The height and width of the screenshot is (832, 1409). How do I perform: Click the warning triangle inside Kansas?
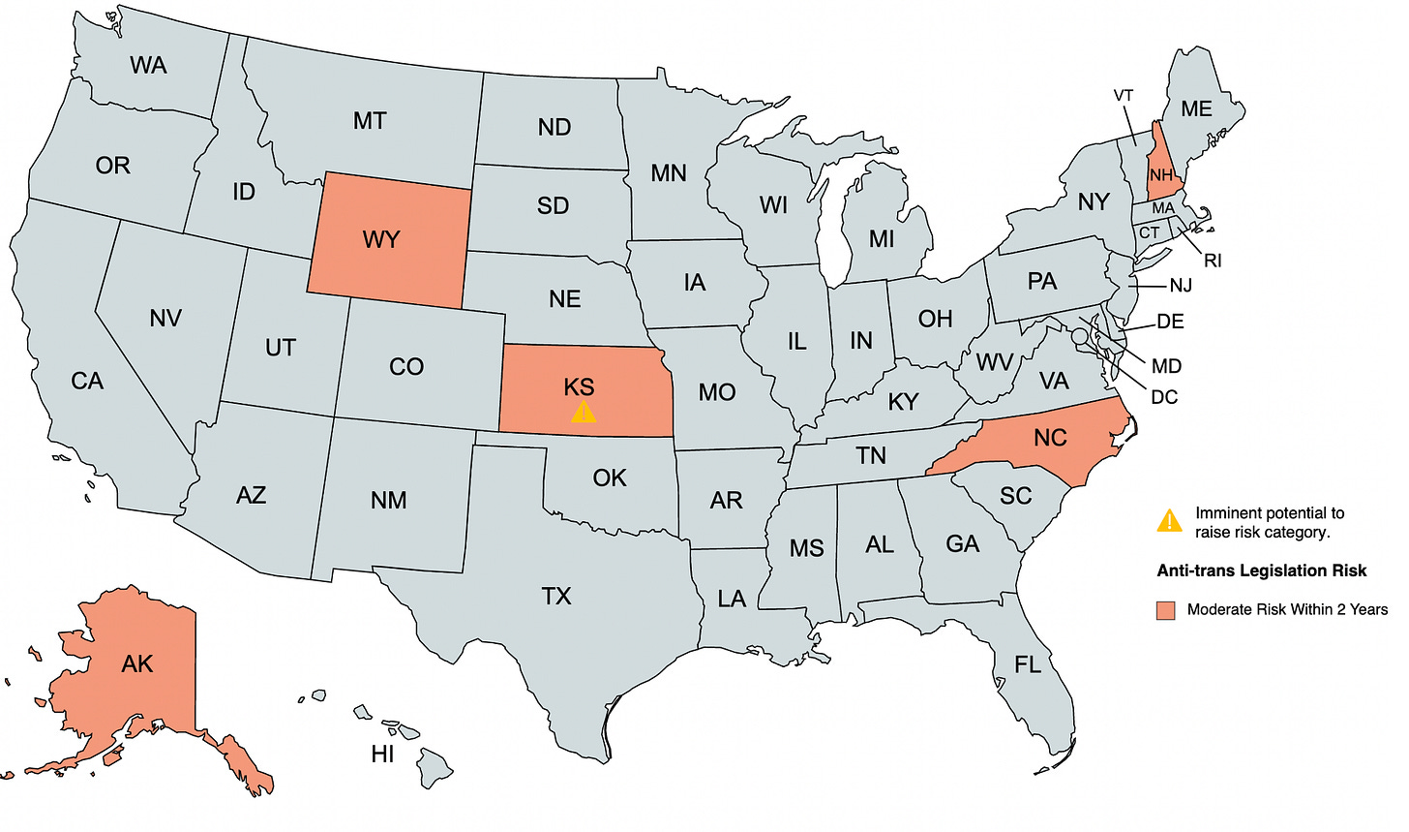coord(583,413)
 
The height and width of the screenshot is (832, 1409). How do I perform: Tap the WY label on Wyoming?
coord(381,239)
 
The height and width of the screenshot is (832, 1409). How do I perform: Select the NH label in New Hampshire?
coord(1161,175)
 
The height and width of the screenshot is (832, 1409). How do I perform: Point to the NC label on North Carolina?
coord(1050,438)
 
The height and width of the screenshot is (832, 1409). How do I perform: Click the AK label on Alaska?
coord(137,663)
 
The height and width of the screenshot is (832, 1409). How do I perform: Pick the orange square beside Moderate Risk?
coord(1166,610)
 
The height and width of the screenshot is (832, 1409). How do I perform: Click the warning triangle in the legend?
coord(1169,521)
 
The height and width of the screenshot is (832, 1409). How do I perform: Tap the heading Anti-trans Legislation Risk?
coord(1261,570)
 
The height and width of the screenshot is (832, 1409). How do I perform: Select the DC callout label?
coord(1164,397)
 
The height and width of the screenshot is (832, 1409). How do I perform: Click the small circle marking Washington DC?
coord(1079,335)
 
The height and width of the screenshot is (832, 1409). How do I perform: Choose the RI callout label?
coord(1213,261)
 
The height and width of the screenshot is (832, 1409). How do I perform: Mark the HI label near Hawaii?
coord(382,754)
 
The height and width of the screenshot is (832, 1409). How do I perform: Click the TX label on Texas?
coord(556,596)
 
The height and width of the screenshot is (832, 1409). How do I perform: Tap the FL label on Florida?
coord(1028,664)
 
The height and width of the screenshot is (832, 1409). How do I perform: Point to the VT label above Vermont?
coord(1124,96)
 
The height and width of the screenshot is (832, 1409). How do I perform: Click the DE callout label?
coord(1170,322)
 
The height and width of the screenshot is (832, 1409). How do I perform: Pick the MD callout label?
coord(1166,366)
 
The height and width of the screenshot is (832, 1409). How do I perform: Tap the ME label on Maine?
coord(1196,108)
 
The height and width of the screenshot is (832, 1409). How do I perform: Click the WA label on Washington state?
coord(148,65)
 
